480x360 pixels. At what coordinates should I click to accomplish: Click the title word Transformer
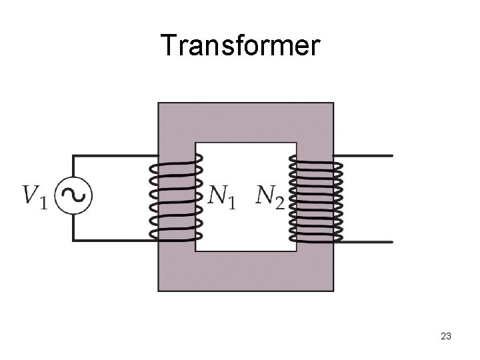pos(240,46)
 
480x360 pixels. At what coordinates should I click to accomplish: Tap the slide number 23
pos(446,337)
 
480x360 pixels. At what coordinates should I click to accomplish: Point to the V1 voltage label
pos(35,196)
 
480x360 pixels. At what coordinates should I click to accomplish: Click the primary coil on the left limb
pos(175,197)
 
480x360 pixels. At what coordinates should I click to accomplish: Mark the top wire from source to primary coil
pos(113,156)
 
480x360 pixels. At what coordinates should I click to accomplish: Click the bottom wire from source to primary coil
pos(113,239)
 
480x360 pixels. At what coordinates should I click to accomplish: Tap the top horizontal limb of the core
pos(245,121)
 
